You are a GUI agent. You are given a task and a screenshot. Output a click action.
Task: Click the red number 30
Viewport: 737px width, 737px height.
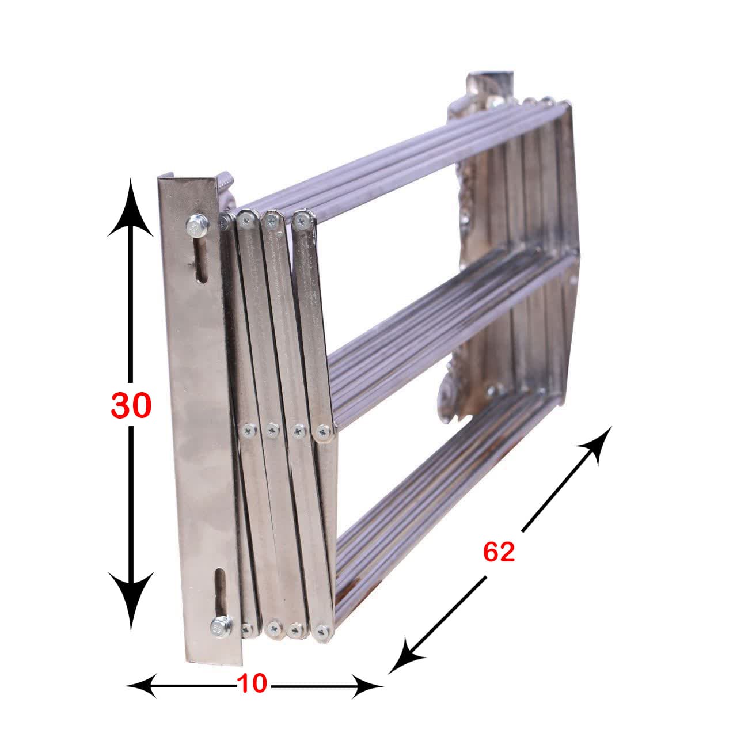[131, 405]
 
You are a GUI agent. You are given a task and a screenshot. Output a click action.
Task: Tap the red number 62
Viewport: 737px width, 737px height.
[499, 552]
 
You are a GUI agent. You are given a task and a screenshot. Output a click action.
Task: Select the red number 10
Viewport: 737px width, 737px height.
[252, 683]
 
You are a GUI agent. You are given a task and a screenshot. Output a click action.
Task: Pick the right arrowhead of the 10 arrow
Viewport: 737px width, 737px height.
[368, 686]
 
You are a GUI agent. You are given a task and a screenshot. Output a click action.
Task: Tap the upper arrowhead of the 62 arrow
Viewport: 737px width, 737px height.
[601, 441]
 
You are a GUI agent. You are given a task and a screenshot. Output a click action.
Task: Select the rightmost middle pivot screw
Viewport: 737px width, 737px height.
[324, 431]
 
